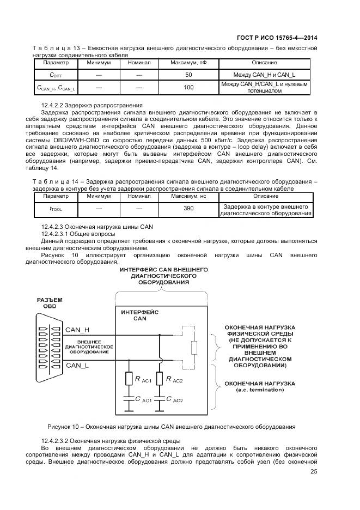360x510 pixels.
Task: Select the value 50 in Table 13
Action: [188, 75]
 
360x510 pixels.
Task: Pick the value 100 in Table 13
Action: [188, 87]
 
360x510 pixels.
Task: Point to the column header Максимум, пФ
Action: [188, 63]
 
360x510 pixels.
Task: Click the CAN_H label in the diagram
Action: [77, 330]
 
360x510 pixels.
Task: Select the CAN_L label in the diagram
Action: [77, 366]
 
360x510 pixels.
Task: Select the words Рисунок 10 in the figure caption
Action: [64, 427]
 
